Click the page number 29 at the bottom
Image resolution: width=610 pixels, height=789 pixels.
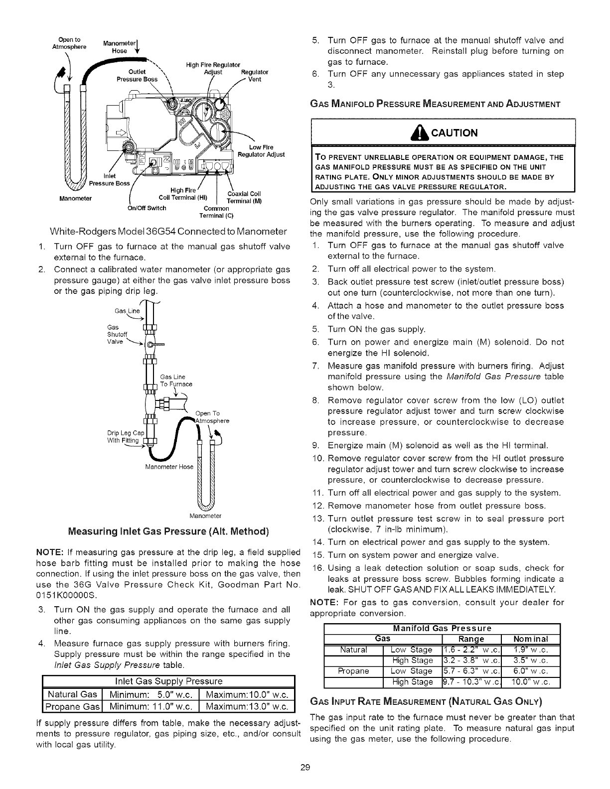(x=305, y=767)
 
